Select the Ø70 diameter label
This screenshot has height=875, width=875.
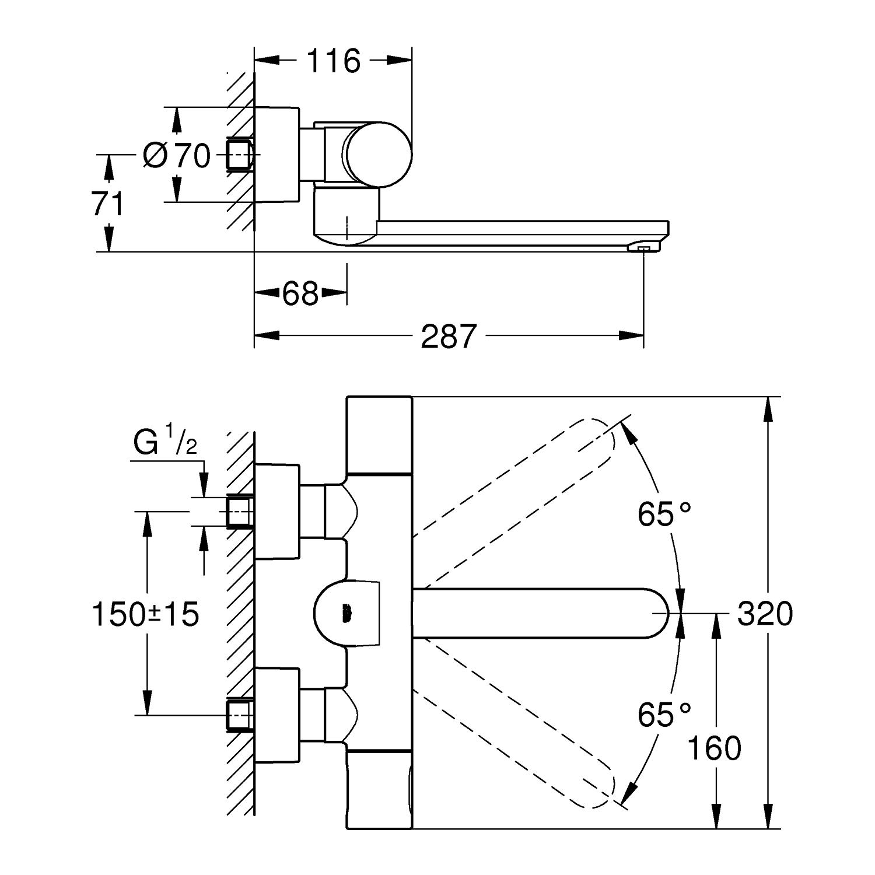(x=177, y=155)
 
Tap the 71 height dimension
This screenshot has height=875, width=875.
(x=108, y=204)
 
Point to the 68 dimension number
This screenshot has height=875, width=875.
(x=301, y=293)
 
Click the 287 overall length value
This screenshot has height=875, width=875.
(x=449, y=336)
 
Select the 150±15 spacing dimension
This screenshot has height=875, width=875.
(x=146, y=614)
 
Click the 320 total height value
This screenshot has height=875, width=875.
(x=765, y=614)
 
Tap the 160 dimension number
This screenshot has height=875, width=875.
(x=714, y=748)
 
